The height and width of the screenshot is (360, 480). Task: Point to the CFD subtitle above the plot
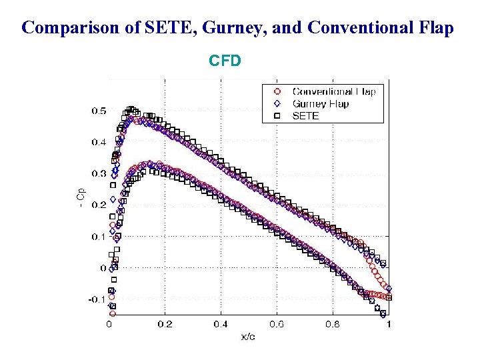pyautogui.click(x=225, y=61)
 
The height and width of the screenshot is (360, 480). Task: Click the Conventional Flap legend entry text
pyautogui.click(x=334, y=91)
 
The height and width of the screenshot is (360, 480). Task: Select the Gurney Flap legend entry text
pyautogui.click(x=321, y=103)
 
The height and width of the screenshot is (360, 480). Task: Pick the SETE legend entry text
pyautogui.click(x=307, y=115)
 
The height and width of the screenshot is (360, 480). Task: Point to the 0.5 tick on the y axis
pyautogui.click(x=98, y=111)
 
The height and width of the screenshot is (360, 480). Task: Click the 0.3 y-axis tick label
pyautogui.click(x=98, y=173)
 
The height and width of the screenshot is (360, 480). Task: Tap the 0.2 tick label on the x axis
pyautogui.click(x=165, y=324)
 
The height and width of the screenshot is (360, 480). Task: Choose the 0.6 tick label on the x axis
pyautogui.click(x=277, y=324)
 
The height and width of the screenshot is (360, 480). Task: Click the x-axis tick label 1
pyautogui.click(x=389, y=324)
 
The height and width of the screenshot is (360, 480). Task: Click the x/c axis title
pyautogui.click(x=248, y=336)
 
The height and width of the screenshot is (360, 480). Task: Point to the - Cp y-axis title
pyautogui.click(x=81, y=197)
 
